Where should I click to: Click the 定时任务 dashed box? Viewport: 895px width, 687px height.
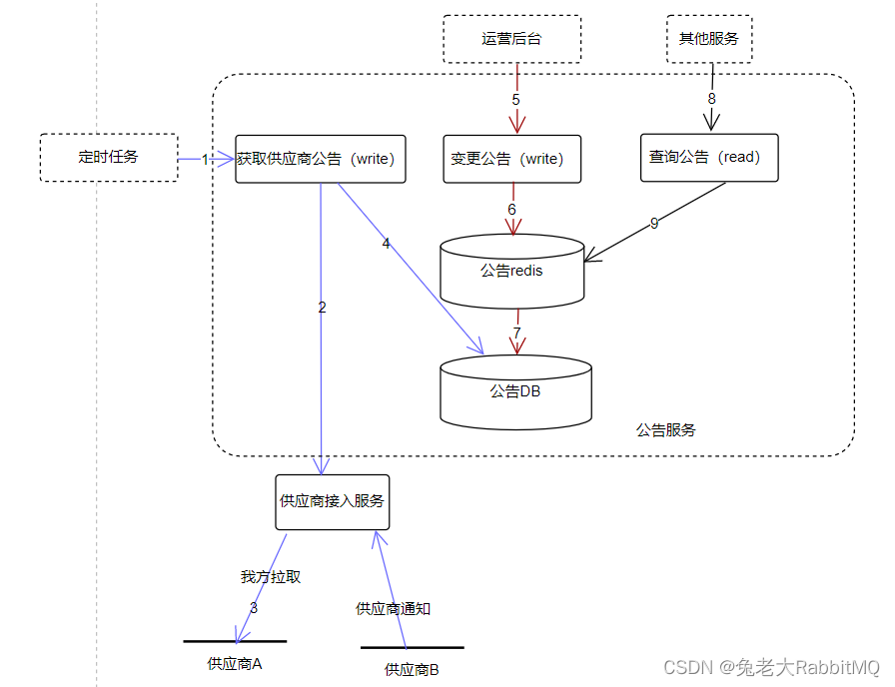[109, 158]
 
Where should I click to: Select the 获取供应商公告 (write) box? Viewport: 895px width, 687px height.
[321, 159]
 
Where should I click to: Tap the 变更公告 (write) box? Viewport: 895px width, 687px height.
[511, 159]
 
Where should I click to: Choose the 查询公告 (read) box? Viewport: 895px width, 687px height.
[708, 158]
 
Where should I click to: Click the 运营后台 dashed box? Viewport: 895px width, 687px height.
[511, 39]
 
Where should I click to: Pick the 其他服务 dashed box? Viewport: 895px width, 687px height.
[709, 39]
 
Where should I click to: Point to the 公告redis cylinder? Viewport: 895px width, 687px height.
[511, 271]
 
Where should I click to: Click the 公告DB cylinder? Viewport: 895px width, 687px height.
[515, 391]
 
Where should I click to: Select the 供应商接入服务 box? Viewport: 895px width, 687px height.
[332, 501]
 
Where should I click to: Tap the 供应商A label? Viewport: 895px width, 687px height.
[235, 662]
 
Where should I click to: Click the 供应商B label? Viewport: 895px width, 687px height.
[412, 669]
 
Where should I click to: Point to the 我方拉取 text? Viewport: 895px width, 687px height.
[270, 576]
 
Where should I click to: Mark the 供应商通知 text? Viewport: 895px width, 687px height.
[394, 608]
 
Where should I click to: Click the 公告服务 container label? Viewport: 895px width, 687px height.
[665, 430]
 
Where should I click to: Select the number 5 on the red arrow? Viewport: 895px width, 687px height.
[516, 100]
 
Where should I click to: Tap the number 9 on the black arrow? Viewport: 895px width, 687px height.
[654, 224]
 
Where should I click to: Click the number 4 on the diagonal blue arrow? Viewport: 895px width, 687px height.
[386, 243]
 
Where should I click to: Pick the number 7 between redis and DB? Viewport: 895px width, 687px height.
[516, 332]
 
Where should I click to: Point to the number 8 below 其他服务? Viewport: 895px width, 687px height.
[712, 100]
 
